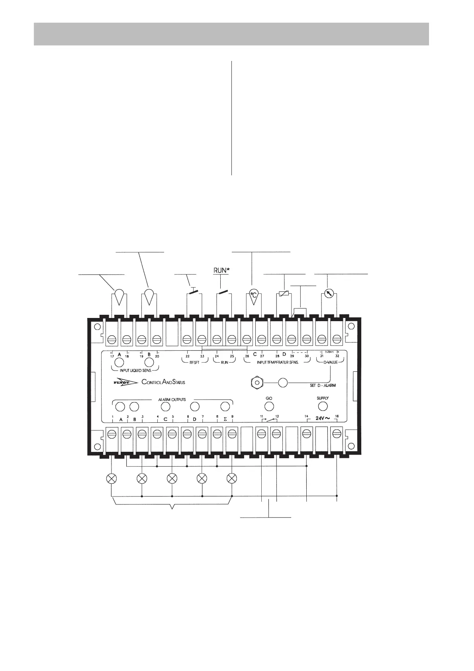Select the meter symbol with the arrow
point(329,294)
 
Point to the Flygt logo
point(125,382)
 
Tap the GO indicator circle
point(269,406)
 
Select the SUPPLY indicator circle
point(323,406)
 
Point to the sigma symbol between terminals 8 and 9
point(225,419)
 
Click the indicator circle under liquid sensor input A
point(119,363)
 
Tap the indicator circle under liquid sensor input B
point(149,363)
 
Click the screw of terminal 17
point(112,339)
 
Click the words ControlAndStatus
point(163,382)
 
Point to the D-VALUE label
point(330,363)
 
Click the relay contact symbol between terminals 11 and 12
point(269,419)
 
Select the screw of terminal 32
point(337,339)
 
